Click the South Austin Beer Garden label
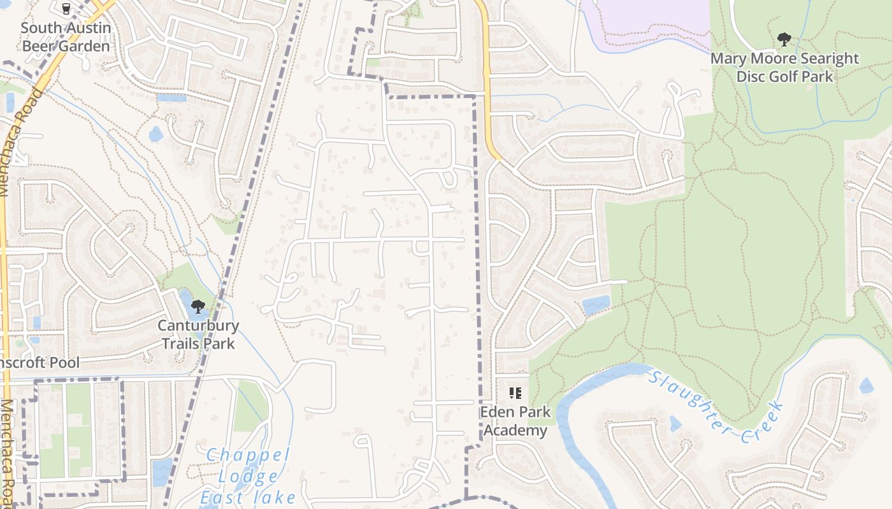[66, 37]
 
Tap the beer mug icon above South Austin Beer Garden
[66, 9]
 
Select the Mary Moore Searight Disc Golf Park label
[784, 67]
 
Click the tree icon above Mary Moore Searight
[784, 40]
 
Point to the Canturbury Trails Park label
[198, 335]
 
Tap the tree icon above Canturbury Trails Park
[198, 307]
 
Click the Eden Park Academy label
[515, 421]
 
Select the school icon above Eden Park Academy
[515, 394]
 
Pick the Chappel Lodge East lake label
[248, 476]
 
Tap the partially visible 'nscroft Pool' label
[40, 363]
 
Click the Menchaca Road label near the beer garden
[17, 143]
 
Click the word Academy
[515, 430]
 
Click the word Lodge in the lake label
[248, 477]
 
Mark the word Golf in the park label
[784, 76]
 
